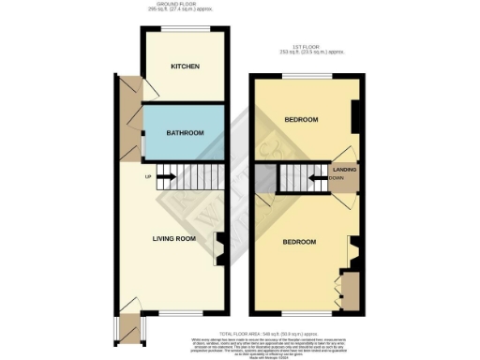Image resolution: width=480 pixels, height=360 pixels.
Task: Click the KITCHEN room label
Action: click(185, 67)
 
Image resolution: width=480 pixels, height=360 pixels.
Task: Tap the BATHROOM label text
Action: click(185, 133)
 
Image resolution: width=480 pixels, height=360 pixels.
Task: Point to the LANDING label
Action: click(344, 169)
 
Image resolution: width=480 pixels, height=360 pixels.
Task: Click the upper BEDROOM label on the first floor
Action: click(301, 119)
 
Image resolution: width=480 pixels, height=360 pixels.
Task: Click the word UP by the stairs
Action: click(147, 176)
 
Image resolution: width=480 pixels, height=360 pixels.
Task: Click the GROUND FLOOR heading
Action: click(187, 5)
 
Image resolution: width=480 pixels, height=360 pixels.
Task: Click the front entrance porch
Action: click(126, 329)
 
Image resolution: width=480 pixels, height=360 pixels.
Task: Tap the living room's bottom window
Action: click(173, 314)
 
